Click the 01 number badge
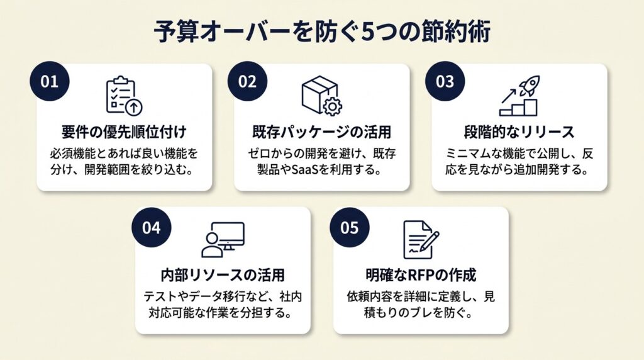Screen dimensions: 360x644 [49, 81]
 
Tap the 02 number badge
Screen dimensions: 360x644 [247, 81]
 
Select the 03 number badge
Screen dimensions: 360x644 [445, 81]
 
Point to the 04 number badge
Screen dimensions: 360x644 [151, 227]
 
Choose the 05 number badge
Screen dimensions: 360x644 [349, 227]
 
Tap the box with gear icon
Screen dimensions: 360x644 [321, 96]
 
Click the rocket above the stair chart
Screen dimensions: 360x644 [530, 86]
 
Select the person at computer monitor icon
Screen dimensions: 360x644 [223, 240]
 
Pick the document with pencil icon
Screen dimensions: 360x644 [420, 240]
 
